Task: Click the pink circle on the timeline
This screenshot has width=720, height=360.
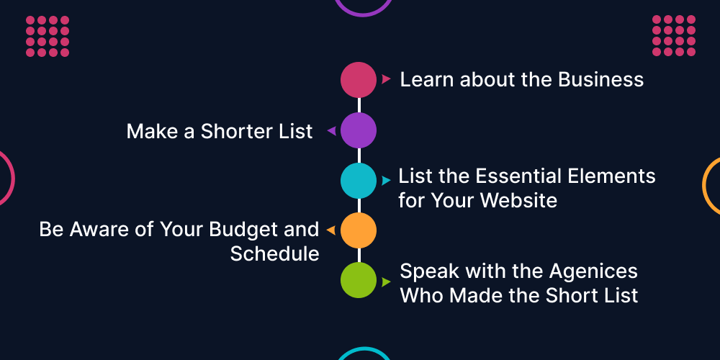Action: coord(359,79)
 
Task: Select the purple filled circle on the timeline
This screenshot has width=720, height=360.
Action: coord(359,130)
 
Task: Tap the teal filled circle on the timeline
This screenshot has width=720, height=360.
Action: coord(359,180)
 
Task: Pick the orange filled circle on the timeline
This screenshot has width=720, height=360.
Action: coord(359,230)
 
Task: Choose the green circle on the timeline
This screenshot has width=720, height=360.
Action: coord(359,280)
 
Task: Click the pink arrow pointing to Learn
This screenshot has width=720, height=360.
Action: coord(387,78)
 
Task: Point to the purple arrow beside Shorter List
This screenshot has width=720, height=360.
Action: coord(331,131)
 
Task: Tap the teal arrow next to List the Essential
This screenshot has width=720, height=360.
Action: coord(387,180)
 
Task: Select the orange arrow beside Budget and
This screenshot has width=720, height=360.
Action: coord(330,230)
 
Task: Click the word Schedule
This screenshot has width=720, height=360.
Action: coord(274,253)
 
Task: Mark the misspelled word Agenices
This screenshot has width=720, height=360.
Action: coord(593,271)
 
